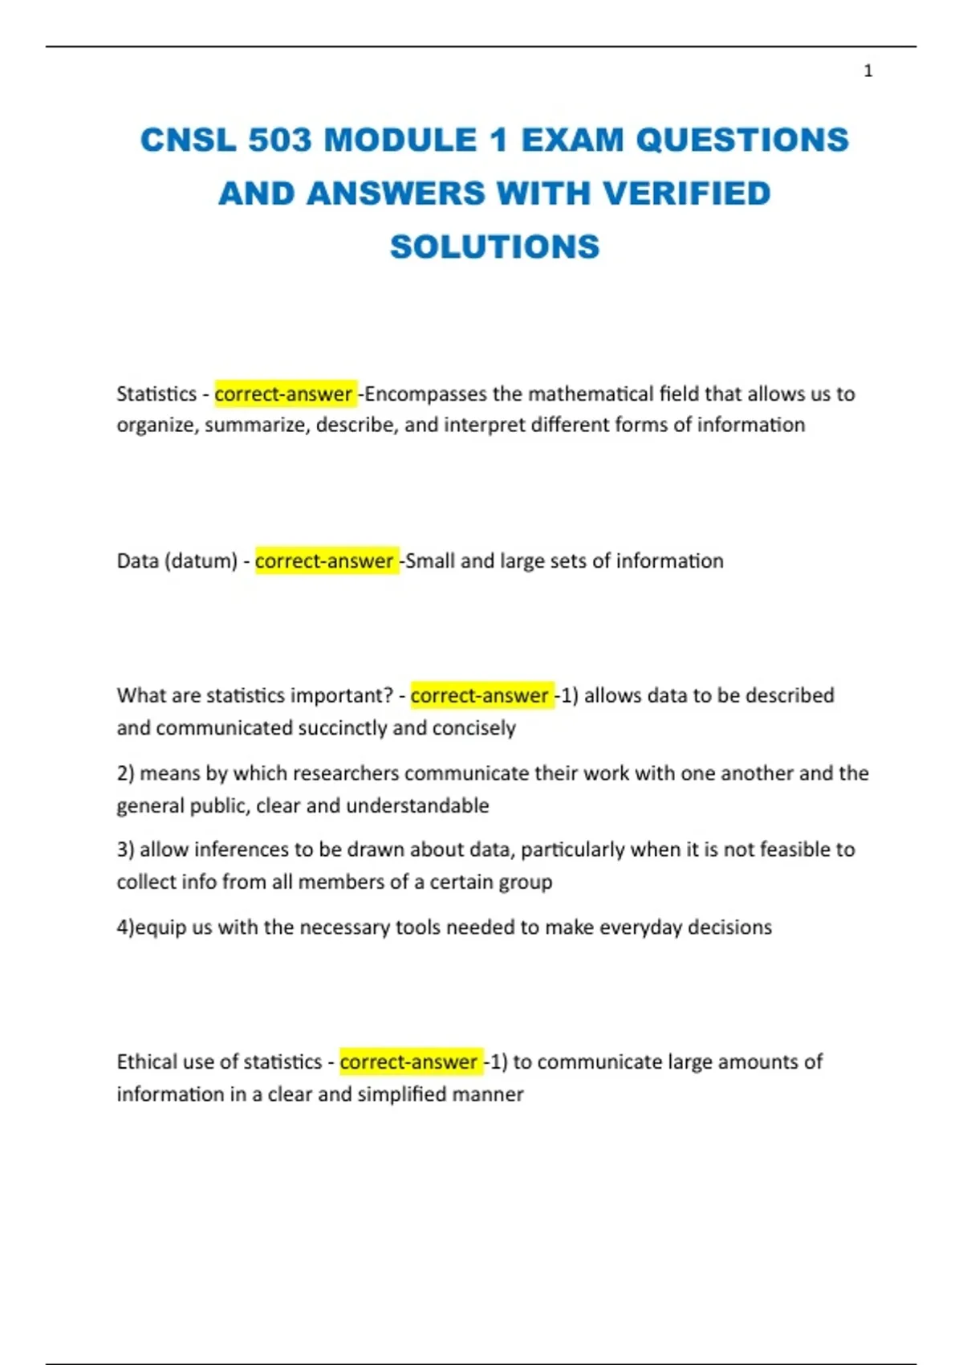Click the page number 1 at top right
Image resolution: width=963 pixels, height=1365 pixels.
(x=868, y=71)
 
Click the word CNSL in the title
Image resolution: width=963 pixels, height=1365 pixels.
(x=189, y=141)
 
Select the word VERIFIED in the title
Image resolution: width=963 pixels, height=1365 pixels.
(x=686, y=194)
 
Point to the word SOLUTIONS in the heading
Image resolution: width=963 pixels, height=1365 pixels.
(x=494, y=247)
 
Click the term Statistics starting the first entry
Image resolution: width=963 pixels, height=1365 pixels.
(x=156, y=394)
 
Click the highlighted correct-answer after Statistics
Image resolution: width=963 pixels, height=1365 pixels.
(x=284, y=394)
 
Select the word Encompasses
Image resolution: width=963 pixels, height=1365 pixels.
(x=426, y=394)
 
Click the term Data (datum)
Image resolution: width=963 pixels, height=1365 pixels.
(x=177, y=560)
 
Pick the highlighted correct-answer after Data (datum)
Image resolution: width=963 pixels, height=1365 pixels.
(x=325, y=560)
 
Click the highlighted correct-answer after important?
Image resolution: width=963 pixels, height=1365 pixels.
(x=480, y=695)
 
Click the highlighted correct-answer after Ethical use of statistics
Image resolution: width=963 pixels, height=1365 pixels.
(x=409, y=1061)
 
